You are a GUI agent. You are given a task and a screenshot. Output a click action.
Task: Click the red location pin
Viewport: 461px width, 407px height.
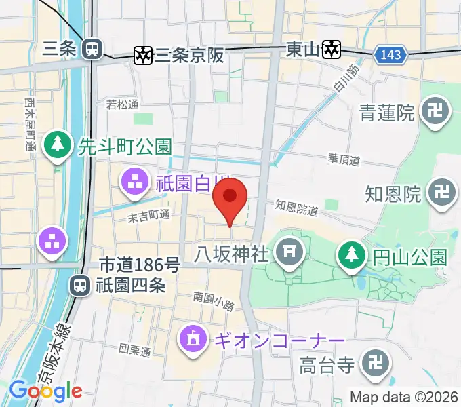click(x=230, y=197)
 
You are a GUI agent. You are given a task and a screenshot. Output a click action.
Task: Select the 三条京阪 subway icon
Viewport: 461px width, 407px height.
click(x=144, y=55)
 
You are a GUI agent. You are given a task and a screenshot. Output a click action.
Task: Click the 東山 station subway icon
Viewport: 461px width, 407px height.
click(x=330, y=49)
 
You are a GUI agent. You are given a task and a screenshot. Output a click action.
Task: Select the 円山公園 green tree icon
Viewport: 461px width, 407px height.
click(x=350, y=256)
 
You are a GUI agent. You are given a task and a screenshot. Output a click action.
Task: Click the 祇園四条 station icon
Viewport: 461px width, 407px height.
click(x=80, y=286)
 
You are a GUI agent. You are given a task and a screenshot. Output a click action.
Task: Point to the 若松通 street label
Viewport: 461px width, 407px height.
click(x=122, y=104)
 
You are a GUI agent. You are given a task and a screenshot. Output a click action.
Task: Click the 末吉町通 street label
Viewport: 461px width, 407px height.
click(x=149, y=216)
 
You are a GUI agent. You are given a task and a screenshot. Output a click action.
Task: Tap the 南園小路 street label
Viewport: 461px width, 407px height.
click(x=213, y=296)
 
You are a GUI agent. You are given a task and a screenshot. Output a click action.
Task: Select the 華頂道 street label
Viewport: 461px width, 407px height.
click(x=344, y=160)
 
